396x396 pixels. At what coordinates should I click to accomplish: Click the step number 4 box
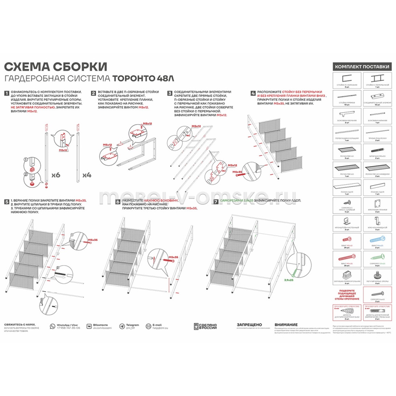pyautogui.click(x=253, y=93)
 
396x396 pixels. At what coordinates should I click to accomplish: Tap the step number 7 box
pyautogui.click(x=216, y=201)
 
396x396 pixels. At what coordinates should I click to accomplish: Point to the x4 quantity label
pyautogui.click(x=86, y=175)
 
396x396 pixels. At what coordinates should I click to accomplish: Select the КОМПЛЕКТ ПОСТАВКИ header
pyautogui.click(x=362, y=67)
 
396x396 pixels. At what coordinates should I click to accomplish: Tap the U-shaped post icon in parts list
pyautogui.click(x=346, y=79)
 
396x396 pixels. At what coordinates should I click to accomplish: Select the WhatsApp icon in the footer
pyautogui.click(x=52, y=326)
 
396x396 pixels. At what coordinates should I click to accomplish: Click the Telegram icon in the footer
pyautogui.click(x=122, y=326)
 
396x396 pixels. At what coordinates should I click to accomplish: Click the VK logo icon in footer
pyautogui.click(x=89, y=326)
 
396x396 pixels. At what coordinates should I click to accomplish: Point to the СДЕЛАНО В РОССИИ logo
pyautogui.click(x=205, y=326)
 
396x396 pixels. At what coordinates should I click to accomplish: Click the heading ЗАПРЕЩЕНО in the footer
pyautogui.click(x=249, y=325)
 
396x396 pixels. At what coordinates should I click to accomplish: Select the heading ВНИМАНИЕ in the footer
pyautogui.click(x=286, y=325)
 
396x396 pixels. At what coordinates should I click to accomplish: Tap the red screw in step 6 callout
pyautogui.click(x=169, y=260)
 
